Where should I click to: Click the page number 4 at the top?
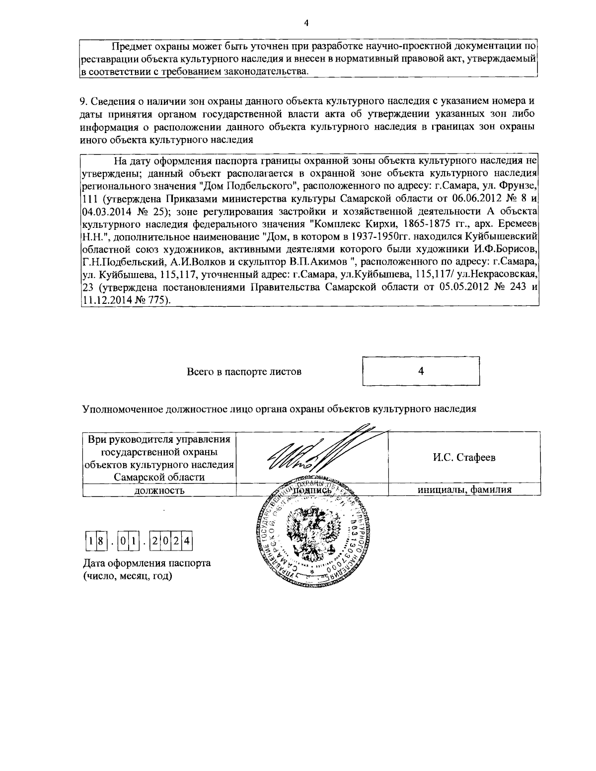[x=306, y=23]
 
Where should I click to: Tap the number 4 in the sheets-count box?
[x=421, y=371]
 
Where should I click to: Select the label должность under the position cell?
[x=159, y=491]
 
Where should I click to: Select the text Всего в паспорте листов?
[x=244, y=371]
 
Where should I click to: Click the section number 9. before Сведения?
[x=83, y=101]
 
